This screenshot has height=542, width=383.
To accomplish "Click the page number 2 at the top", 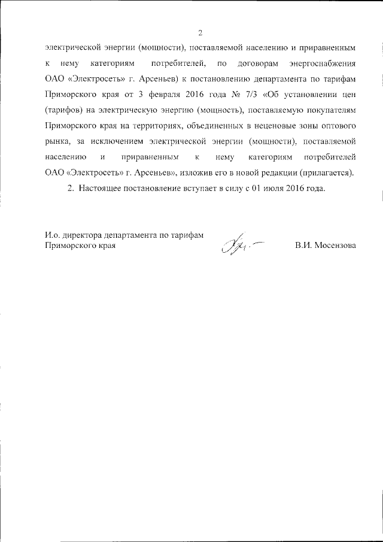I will (x=200, y=32).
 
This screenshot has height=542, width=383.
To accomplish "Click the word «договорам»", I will (x=258, y=63).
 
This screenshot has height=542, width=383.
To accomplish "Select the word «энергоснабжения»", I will (x=323, y=63).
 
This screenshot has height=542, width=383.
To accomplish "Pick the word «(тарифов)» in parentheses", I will (x=64, y=110).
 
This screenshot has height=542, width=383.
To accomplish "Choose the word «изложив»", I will (x=193, y=173).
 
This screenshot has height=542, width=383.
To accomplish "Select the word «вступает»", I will (x=209, y=189).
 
